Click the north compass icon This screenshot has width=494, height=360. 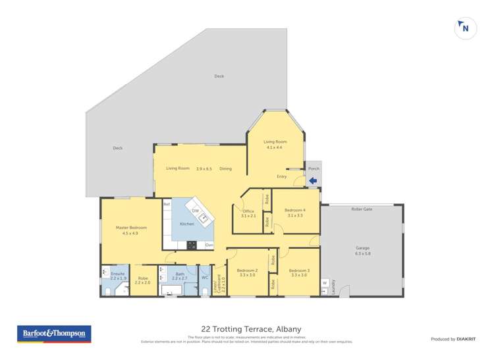(x=465, y=28)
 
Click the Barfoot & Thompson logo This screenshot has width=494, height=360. (x=55, y=334)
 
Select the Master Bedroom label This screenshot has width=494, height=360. (x=131, y=228)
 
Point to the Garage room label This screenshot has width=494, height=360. (x=363, y=250)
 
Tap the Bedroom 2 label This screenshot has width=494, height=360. (x=247, y=270)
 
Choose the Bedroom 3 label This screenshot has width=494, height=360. (x=299, y=270)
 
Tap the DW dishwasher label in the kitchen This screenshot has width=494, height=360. (x=196, y=210)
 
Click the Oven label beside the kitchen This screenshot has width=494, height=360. (x=209, y=245)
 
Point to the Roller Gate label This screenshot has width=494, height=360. (x=362, y=209)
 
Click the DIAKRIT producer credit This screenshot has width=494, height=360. (x=456, y=339)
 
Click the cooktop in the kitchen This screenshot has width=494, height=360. (x=192, y=245)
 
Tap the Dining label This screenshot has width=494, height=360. (x=225, y=168)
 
